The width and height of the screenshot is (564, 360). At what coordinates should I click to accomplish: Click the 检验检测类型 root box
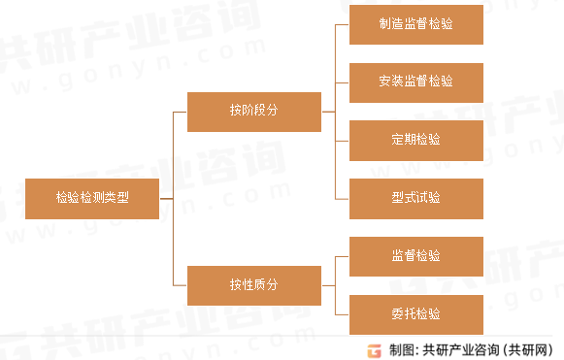point(92,198)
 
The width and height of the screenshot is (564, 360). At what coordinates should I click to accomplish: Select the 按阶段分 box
point(253,111)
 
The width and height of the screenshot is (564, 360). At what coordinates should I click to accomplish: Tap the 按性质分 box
point(253,285)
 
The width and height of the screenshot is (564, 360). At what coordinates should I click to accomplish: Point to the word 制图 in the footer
point(401,349)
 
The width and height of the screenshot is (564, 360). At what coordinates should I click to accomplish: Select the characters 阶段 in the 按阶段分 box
point(253,111)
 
